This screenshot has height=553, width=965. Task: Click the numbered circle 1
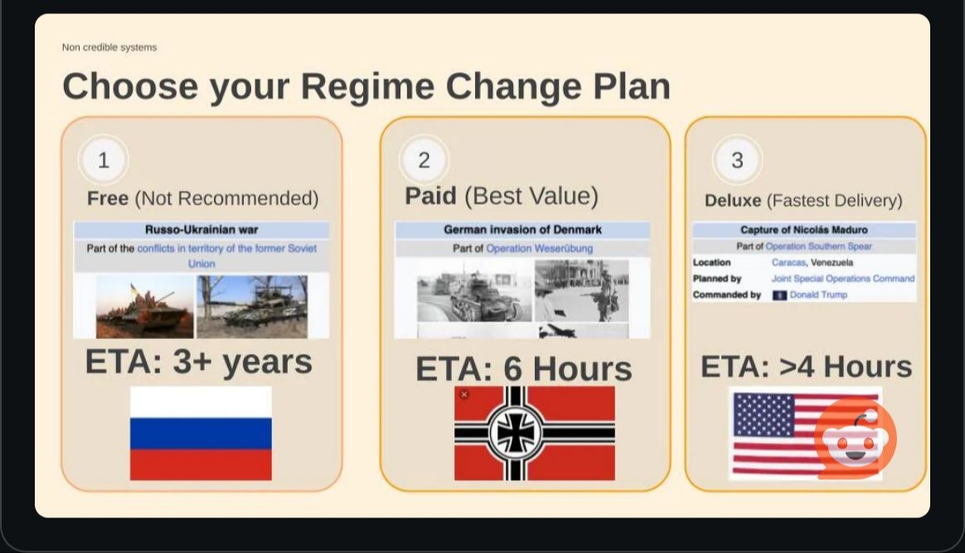click(x=104, y=160)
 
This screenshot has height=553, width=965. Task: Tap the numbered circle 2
click(x=424, y=160)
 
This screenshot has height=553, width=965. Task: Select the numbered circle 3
click(x=737, y=160)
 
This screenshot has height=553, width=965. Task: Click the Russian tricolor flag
click(x=201, y=433)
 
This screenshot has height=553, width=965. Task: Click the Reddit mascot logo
click(x=855, y=438)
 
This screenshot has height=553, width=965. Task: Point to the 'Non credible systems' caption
click(x=109, y=47)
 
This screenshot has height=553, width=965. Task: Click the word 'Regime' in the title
click(x=367, y=86)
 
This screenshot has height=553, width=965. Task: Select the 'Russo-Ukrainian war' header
click(x=201, y=230)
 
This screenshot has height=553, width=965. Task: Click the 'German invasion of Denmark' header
click(x=522, y=230)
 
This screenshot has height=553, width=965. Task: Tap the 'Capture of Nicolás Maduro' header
click(x=804, y=230)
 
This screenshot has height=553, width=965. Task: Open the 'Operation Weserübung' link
click(x=539, y=249)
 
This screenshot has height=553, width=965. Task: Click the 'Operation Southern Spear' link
click(x=818, y=246)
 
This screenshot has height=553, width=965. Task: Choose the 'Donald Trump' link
click(x=818, y=294)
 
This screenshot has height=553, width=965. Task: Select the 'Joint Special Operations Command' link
click(x=843, y=279)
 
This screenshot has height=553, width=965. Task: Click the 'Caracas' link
click(x=788, y=263)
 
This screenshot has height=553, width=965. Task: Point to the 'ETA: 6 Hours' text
click(x=524, y=369)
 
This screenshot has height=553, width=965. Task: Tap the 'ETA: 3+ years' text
click(x=199, y=361)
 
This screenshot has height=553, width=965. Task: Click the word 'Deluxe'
click(x=733, y=201)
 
